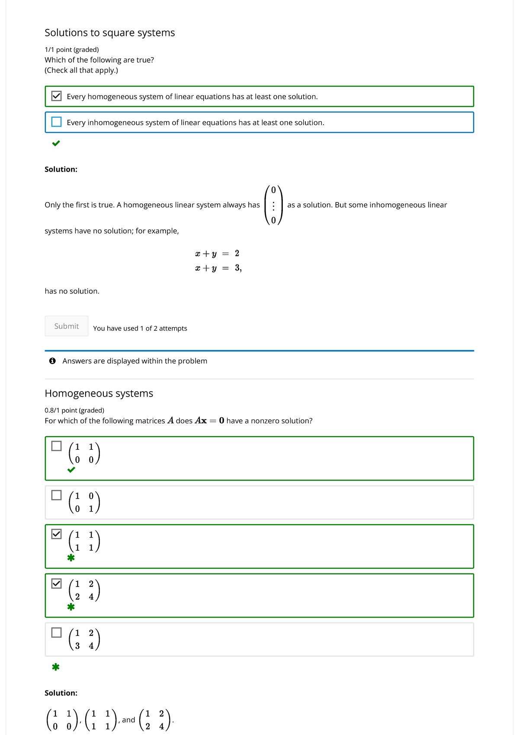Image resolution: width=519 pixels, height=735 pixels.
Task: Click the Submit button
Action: pyautogui.click(x=67, y=326)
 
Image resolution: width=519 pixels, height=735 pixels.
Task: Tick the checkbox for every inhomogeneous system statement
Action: pyautogui.click(x=57, y=122)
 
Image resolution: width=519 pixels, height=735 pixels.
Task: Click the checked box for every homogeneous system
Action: pyautogui.click(x=57, y=96)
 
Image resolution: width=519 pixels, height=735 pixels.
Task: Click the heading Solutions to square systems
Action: pyautogui.click(x=110, y=33)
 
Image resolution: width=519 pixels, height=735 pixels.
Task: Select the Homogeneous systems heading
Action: pyautogui.click(x=99, y=393)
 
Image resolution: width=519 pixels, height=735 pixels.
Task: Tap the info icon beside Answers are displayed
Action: pyautogui.click(x=52, y=361)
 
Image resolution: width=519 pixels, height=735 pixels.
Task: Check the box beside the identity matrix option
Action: pyautogui.click(x=57, y=495)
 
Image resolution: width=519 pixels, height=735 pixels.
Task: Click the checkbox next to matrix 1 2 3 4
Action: pyautogui.click(x=57, y=632)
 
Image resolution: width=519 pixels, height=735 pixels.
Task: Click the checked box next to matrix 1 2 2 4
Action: pyautogui.click(x=57, y=583)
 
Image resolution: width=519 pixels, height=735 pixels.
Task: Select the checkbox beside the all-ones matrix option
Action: pyautogui.click(x=57, y=534)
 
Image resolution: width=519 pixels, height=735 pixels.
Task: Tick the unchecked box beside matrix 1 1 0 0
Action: pyautogui.click(x=57, y=446)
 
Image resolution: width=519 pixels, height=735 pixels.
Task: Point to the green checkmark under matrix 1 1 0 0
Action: pyautogui.click(x=71, y=470)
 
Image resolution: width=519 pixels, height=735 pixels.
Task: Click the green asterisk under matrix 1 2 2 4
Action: pyautogui.click(x=71, y=607)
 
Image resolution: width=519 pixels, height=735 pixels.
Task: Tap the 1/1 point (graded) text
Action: pyautogui.click(x=72, y=50)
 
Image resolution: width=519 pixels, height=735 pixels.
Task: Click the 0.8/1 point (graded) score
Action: pyautogui.click(x=74, y=410)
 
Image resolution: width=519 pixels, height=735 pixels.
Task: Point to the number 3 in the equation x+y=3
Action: pyautogui.click(x=237, y=268)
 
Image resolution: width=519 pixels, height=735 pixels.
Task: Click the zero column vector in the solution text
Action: pyautogui.click(x=273, y=205)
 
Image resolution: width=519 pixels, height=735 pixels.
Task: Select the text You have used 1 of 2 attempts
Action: pyautogui.click(x=140, y=329)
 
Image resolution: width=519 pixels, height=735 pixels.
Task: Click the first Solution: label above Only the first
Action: pyautogui.click(x=61, y=169)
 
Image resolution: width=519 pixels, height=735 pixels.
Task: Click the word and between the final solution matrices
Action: pyautogui.click(x=128, y=720)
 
